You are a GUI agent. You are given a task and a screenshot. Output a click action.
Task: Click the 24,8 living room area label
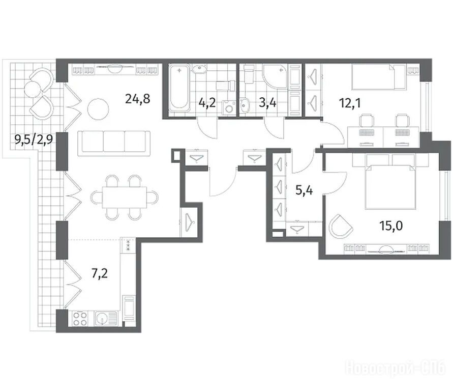[138, 99]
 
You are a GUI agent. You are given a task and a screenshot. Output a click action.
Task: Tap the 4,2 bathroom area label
[207, 103]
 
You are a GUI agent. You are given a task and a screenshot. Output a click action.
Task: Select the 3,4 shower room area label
[268, 103]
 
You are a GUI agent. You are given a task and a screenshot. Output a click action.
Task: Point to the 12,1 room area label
[350, 103]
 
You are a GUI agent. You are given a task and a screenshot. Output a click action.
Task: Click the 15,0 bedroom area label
[391, 226]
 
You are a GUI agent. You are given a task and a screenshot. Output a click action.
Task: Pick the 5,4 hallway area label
[304, 190]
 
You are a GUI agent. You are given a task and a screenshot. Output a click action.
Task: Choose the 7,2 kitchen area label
[99, 273]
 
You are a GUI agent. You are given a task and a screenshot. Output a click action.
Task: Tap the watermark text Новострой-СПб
[396, 368]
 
